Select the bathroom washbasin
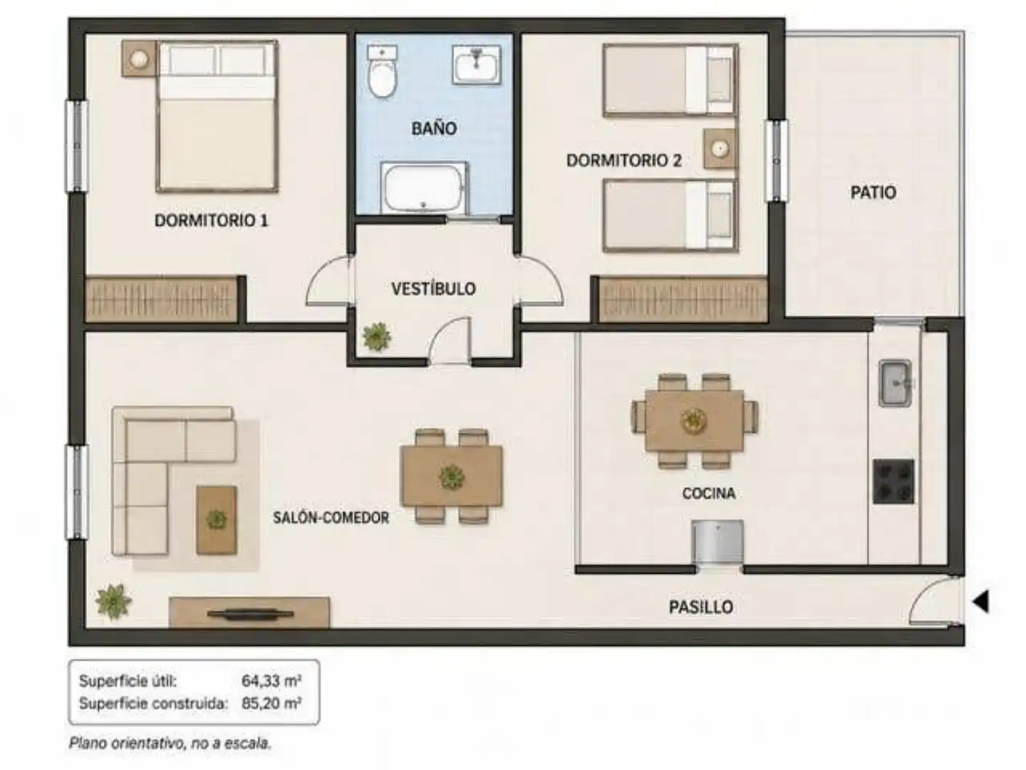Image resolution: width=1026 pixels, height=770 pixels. click(x=477, y=64)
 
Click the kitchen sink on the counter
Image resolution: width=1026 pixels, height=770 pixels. click(x=895, y=383)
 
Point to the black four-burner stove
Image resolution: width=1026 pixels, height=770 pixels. click(x=893, y=481)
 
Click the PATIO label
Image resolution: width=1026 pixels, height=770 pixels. click(x=873, y=192)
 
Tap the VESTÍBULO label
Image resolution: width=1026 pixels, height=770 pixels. click(x=433, y=289)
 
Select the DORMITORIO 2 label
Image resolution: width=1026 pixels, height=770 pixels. click(x=624, y=160)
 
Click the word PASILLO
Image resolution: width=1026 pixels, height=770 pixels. click(x=700, y=607)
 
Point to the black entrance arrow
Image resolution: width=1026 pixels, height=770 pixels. click(x=980, y=601)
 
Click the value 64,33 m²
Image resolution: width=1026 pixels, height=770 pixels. click(x=271, y=681)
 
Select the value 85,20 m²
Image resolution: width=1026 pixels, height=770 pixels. click(x=271, y=703)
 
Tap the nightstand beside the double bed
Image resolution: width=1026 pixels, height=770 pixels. click(x=139, y=59)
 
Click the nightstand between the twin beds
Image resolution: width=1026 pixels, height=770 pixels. click(x=720, y=149)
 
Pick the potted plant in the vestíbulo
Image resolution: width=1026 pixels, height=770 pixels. click(x=377, y=336)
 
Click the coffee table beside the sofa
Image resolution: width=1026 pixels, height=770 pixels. click(x=217, y=520)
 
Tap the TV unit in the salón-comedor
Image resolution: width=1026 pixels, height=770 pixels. click(x=249, y=612)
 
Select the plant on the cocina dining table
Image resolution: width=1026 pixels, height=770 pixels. click(x=694, y=420)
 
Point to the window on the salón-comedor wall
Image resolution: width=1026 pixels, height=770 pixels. click(x=77, y=492)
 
